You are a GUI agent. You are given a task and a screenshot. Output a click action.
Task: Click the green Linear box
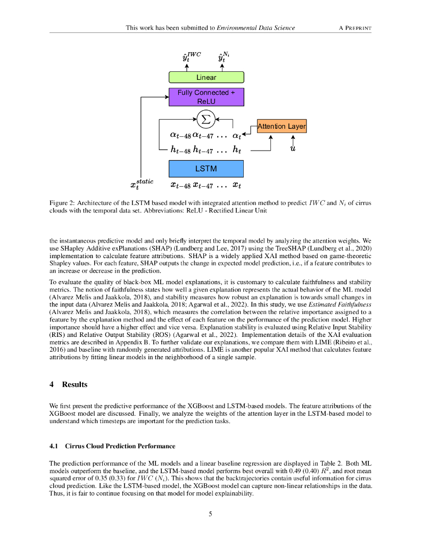coord(206,77)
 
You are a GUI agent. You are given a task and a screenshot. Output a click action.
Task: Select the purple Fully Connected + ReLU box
coord(206,96)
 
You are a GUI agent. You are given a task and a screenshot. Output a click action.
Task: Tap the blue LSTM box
coord(206,169)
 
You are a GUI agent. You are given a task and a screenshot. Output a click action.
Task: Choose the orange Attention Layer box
coord(282,126)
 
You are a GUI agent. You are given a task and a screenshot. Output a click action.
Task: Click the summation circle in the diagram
coord(205,118)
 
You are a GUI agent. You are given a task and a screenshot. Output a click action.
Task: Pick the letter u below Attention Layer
coord(293,148)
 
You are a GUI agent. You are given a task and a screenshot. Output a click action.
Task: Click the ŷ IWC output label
coord(188,57)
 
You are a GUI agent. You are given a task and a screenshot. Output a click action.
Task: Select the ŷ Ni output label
coord(222,57)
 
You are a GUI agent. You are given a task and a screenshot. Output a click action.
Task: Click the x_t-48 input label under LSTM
coord(180,185)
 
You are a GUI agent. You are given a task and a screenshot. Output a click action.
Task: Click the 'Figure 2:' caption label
coord(63,203)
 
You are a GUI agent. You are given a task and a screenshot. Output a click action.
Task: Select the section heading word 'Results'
coord(75,384)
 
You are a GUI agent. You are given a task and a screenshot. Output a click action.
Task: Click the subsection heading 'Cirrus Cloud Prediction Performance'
coord(120,445)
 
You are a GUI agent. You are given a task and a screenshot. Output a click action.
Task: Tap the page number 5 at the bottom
coord(211,514)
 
